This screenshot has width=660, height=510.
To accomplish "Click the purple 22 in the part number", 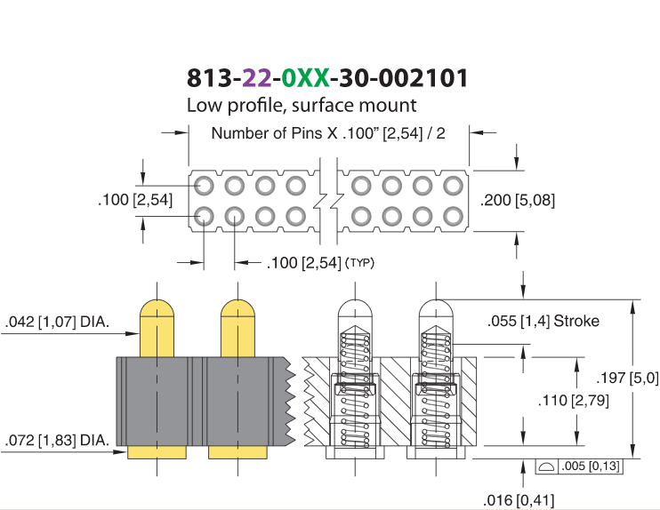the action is [x=257, y=78].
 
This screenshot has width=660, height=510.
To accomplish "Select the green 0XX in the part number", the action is [x=305, y=78].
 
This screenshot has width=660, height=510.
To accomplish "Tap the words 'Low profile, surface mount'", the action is [x=302, y=105].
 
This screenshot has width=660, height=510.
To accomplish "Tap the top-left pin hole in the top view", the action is [x=205, y=186].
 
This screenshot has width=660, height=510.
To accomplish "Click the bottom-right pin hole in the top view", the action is [x=454, y=217].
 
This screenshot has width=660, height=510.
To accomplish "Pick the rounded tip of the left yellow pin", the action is [x=157, y=307].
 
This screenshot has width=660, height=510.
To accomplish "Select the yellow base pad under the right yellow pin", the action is [x=237, y=452].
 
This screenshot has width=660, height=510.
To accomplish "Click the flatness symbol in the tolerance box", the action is [x=546, y=466].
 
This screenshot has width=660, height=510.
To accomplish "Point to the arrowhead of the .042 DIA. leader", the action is [x=133, y=334].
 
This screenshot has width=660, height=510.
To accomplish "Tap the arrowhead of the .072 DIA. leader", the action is [x=120, y=452].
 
